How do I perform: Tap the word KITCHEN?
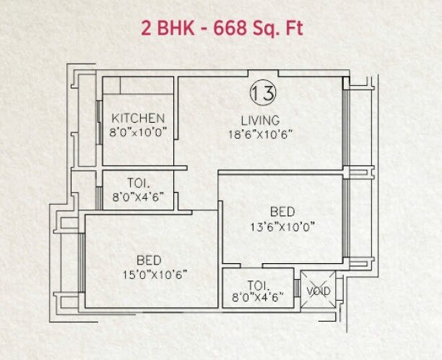pyautogui.click(x=138, y=119)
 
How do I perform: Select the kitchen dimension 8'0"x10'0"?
pyautogui.click(x=138, y=132)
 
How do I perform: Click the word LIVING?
pyautogui.click(x=260, y=120)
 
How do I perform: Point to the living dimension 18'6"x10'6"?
pyautogui.click(x=260, y=133)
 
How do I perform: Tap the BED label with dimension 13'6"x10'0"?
pyautogui.click(x=282, y=212)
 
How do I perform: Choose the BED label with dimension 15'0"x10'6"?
pyautogui.click(x=148, y=260)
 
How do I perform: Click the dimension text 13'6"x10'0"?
pyautogui.click(x=282, y=226)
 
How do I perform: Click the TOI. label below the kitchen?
pyautogui.click(x=138, y=182)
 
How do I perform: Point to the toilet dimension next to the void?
pyautogui.click(x=258, y=296)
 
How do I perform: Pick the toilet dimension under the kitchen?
pyautogui.click(x=138, y=195)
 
